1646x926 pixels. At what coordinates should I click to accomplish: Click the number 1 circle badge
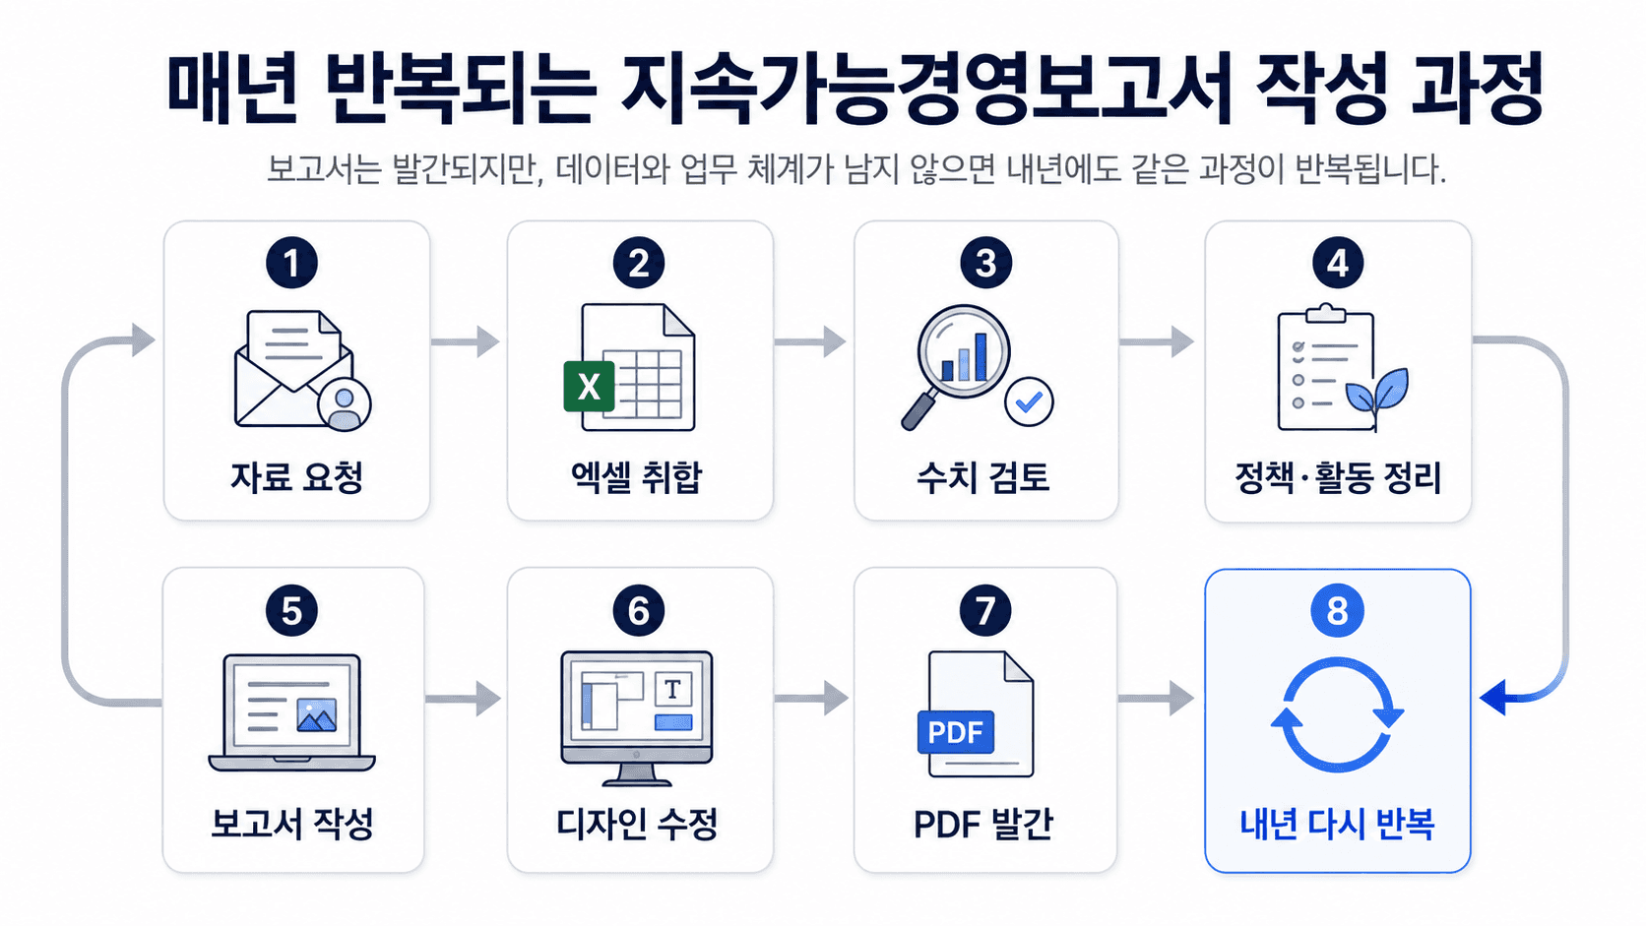point(291,263)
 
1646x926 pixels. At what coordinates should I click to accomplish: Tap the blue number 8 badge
point(1337,610)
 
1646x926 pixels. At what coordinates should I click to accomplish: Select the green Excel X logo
point(590,387)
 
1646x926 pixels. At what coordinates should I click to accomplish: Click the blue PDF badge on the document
point(955,731)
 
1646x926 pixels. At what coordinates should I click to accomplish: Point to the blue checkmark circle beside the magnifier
point(1029,401)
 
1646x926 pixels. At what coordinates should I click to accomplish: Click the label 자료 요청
point(296,477)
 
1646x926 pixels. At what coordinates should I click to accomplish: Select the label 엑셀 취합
point(637,477)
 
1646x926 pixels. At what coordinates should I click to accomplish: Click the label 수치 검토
point(983,477)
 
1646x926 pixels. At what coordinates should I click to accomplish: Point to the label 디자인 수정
point(637,824)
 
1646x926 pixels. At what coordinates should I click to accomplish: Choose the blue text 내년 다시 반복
point(1337,824)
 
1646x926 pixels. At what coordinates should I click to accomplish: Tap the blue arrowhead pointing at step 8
point(1493,697)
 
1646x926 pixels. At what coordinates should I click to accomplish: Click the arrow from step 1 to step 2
point(465,341)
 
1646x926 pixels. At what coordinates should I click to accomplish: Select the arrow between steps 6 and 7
point(811,698)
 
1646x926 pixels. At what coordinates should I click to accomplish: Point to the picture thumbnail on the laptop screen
point(317,714)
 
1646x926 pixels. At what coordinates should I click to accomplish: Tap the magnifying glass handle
point(918,410)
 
